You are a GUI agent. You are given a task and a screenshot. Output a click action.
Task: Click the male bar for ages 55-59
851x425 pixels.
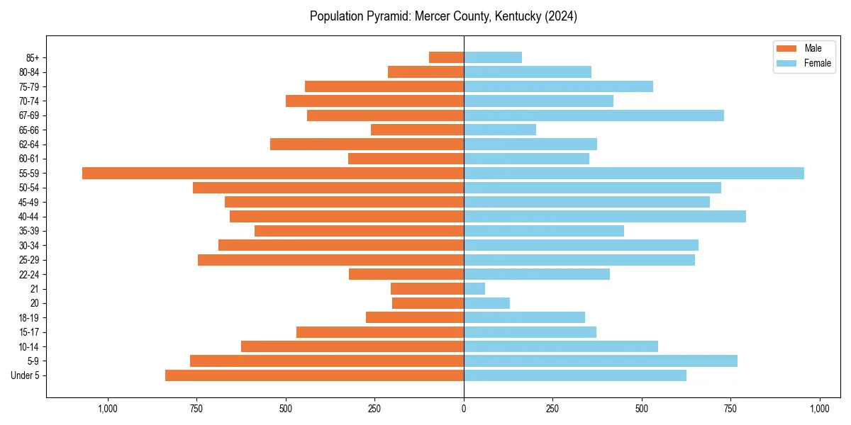[273, 173]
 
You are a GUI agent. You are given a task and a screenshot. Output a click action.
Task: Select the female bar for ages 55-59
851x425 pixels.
[634, 173]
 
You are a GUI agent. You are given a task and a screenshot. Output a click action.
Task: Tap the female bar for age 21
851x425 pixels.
[474, 288]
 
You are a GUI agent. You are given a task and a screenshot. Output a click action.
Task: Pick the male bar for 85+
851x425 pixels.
[446, 57]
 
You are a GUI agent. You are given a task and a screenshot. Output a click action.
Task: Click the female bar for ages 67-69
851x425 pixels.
[594, 115]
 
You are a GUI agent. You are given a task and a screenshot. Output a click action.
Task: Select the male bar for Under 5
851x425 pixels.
[314, 375]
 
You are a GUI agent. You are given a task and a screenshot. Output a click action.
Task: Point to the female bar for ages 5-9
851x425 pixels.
[601, 361]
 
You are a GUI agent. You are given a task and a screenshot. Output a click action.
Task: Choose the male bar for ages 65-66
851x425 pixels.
[417, 130]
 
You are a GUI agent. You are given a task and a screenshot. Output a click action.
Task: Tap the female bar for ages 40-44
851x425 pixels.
[605, 216]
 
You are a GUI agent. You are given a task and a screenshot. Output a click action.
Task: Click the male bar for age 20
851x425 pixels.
[428, 303]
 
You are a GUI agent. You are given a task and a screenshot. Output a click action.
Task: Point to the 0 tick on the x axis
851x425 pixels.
[464, 408]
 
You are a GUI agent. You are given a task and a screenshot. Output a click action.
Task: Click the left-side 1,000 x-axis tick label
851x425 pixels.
[108, 408]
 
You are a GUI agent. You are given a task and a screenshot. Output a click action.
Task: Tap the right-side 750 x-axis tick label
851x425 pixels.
[730, 408]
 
